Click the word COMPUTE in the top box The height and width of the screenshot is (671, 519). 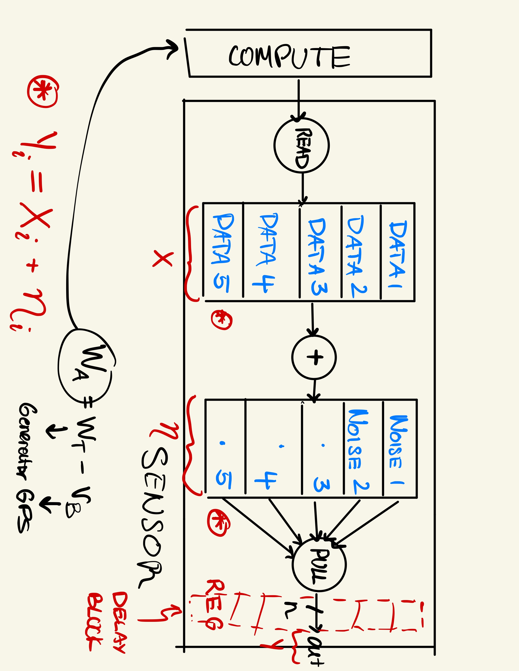pyautogui.click(x=289, y=57)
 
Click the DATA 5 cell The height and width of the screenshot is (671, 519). pyautogui.click(x=222, y=253)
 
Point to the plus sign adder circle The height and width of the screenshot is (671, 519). pyautogui.click(x=314, y=357)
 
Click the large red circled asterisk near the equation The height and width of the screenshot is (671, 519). pyautogui.click(x=42, y=91)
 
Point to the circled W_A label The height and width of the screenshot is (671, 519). pyautogui.click(x=85, y=366)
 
